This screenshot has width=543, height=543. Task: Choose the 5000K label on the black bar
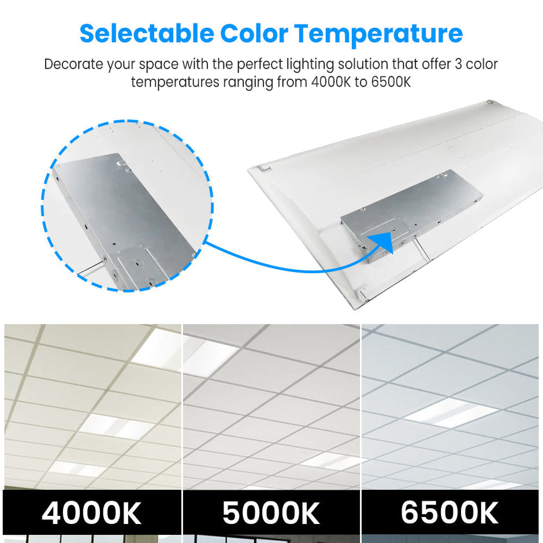(x=271, y=512)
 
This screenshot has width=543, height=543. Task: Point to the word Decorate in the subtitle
(x=73, y=64)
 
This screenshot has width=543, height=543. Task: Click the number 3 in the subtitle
(x=458, y=64)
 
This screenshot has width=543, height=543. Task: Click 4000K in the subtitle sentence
(x=331, y=82)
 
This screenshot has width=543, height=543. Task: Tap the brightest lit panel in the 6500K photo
(x=451, y=413)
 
